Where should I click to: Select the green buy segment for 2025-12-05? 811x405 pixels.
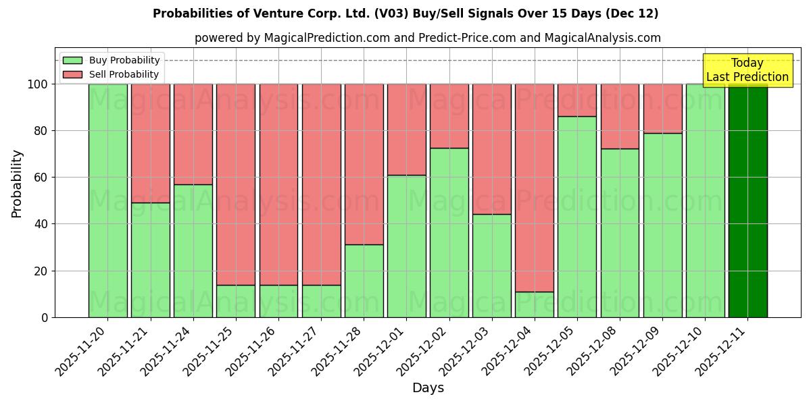pos(576,216)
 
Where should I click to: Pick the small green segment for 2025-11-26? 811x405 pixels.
pos(278,301)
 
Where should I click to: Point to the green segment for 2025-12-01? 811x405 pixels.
pos(406,246)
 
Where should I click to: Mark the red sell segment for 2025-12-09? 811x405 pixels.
pos(662,109)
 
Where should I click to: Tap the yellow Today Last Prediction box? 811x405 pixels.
pos(747,70)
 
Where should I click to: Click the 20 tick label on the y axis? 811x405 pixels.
pos(41,271)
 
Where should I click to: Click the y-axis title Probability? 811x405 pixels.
pos(17,183)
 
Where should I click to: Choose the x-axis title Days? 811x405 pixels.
pos(428,388)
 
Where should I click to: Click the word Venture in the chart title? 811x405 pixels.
pos(288,13)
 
